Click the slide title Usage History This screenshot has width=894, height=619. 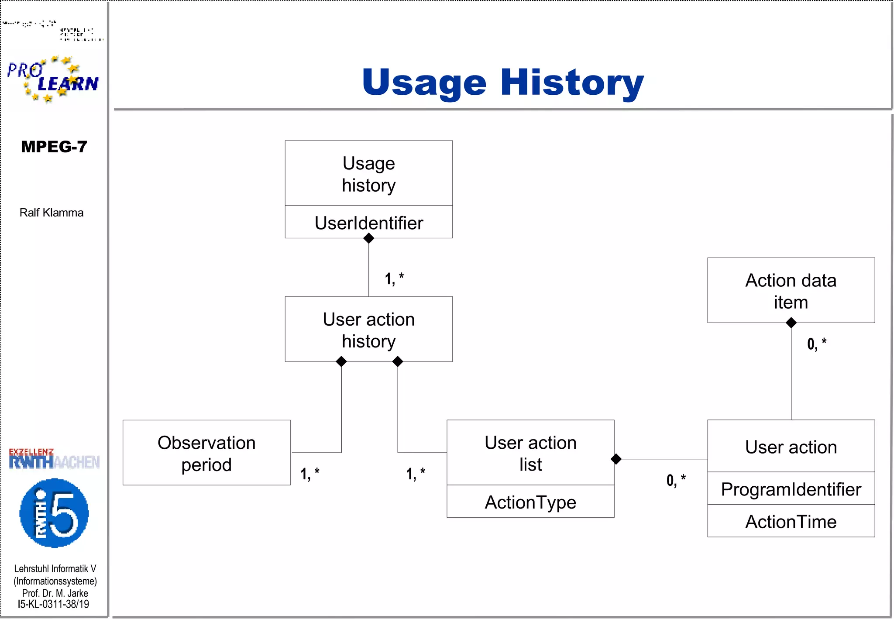(x=502, y=83)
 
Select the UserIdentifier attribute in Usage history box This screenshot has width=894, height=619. (x=368, y=223)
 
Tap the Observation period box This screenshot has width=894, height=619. (x=206, y=453)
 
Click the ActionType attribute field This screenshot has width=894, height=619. (x=530, y=502)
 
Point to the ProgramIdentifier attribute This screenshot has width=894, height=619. (x=791, y=489)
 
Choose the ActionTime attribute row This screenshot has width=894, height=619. (x=791, y=522)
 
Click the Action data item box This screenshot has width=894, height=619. (x=791, y=291)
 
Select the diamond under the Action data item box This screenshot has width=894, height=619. (x=791, y=323)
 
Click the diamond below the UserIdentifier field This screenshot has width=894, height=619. (x=368, y=238)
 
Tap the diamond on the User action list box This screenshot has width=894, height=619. (x=616, y=459)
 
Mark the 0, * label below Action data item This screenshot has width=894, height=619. (x=816, y=344)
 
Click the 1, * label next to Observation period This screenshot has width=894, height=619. (x=309, y=474)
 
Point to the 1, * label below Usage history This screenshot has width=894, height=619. (x=394, y=279)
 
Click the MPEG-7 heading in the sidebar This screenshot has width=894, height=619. (x=54, y=147)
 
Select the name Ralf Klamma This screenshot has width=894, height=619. (x=52, y=213)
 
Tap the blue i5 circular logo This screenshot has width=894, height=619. (x=54, y=513)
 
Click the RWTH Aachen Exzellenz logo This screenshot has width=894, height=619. (x=54, y=459)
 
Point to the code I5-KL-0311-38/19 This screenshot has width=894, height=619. (x=53, y=605)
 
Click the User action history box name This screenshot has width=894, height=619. (x=368, y=330)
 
